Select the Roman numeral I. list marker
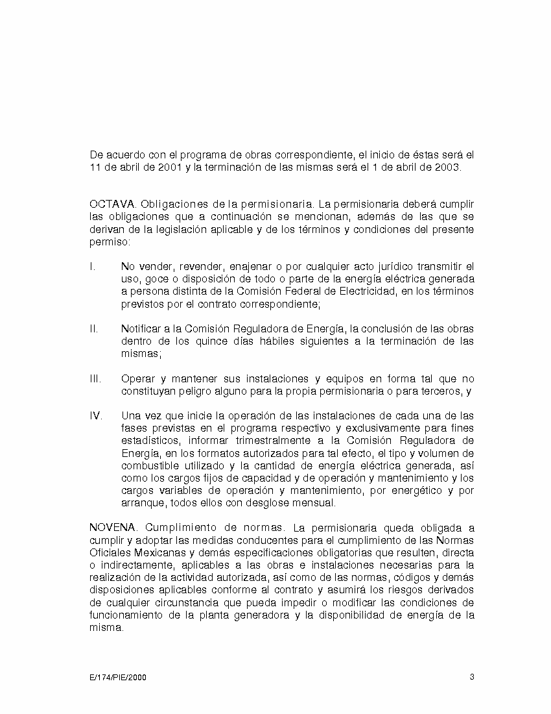[x=92, y=266]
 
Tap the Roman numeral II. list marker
[x=93, y=328]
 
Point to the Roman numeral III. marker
[x=95, y=378]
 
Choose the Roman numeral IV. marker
[x=95, y=415]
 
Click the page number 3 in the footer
[x=472, y=677]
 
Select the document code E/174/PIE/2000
[x=118, y=678]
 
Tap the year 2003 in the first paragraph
[x=447, y=167]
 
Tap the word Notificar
[x=142, y=328]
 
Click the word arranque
[x=142, y=503]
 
